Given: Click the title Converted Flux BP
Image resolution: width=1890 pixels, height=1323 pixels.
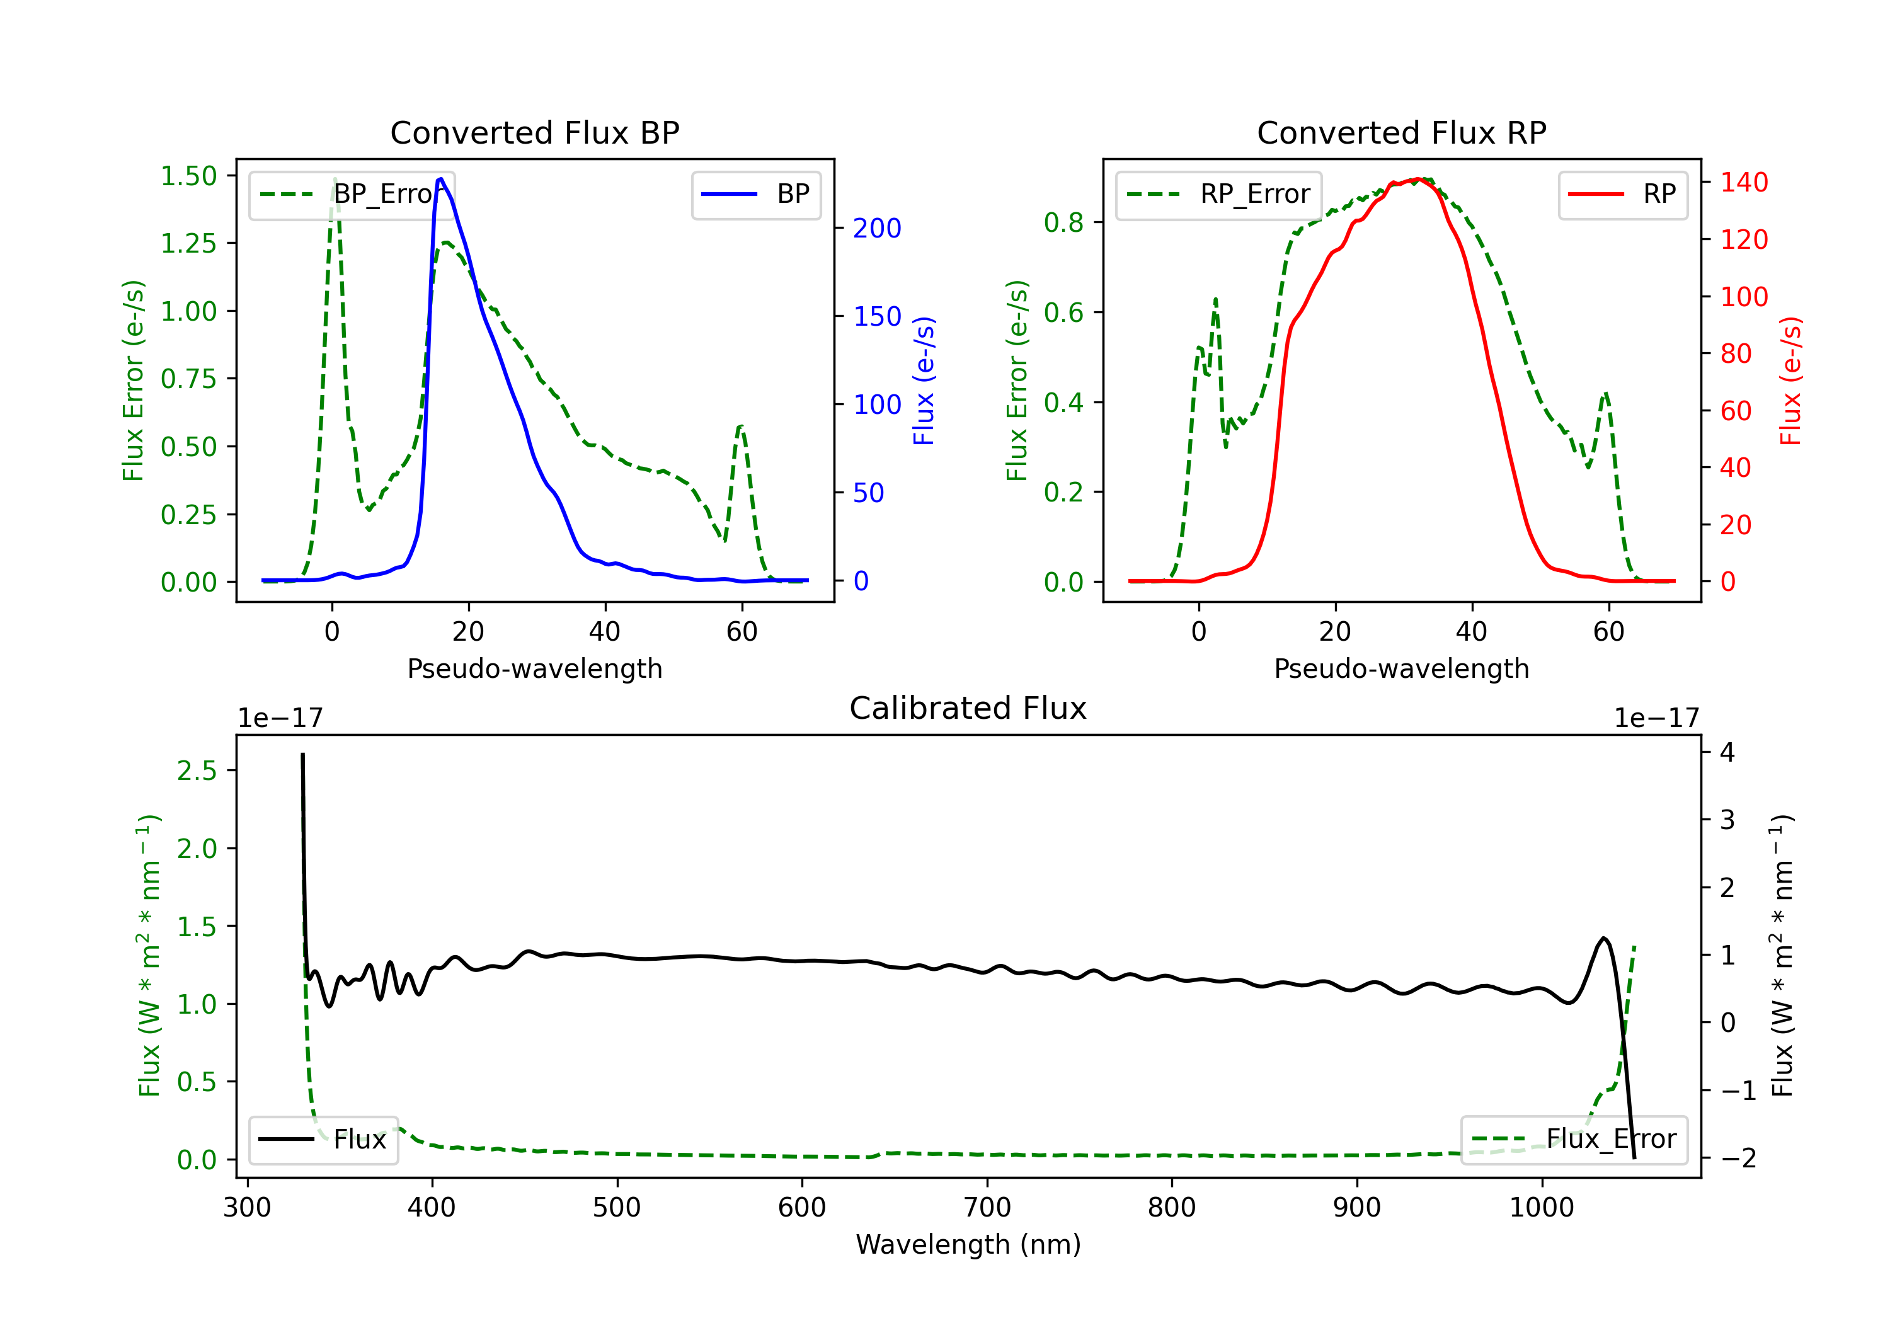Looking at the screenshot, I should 534,132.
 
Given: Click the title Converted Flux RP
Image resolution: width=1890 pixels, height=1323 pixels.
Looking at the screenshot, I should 1401,132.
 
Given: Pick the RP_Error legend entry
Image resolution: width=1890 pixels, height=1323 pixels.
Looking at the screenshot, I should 1218,194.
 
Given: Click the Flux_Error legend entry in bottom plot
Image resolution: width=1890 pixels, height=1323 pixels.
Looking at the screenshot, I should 1574,1140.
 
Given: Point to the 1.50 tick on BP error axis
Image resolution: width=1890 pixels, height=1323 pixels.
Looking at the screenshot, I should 188,176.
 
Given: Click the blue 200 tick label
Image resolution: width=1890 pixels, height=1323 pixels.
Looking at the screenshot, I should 877,228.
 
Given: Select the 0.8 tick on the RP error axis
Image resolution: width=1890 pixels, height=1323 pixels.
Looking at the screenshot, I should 1063,222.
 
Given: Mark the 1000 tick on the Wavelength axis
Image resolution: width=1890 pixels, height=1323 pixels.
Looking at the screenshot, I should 1541,1208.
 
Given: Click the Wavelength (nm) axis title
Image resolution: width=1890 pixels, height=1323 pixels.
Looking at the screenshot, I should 968,1245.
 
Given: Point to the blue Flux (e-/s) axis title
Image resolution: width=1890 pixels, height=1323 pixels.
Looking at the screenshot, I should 924,381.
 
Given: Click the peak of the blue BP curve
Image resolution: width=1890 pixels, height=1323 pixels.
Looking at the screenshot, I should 441,179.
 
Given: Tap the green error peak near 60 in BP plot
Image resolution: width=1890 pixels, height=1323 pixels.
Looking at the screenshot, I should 741,427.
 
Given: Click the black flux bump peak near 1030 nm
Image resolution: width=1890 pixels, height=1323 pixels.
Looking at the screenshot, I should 1603,939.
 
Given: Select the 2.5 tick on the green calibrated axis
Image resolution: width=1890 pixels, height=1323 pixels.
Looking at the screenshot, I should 197,770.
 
